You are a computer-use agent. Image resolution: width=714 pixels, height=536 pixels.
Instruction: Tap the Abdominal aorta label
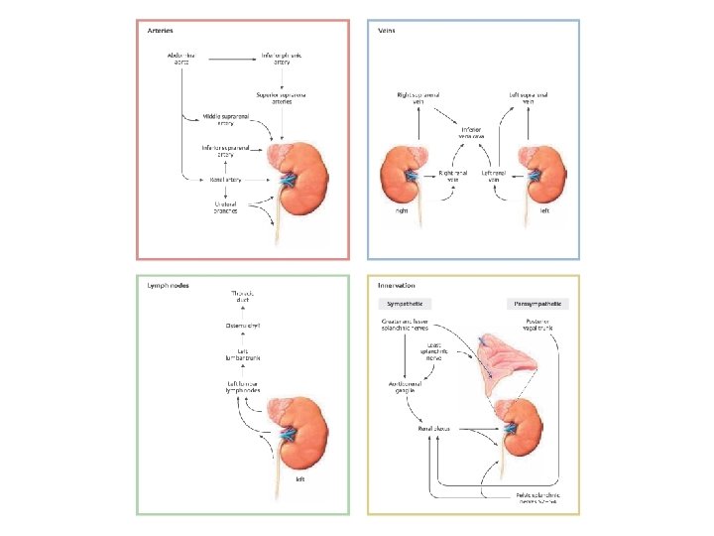click(179, 58)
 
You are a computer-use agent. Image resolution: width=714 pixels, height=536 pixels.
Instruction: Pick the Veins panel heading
click(387, 30)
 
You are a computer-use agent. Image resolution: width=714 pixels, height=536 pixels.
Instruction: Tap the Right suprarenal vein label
click(417, 98)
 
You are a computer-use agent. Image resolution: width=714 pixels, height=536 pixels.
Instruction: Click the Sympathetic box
click(406, 303)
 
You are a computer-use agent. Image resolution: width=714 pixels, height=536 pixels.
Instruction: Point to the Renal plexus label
click(434, 429)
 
